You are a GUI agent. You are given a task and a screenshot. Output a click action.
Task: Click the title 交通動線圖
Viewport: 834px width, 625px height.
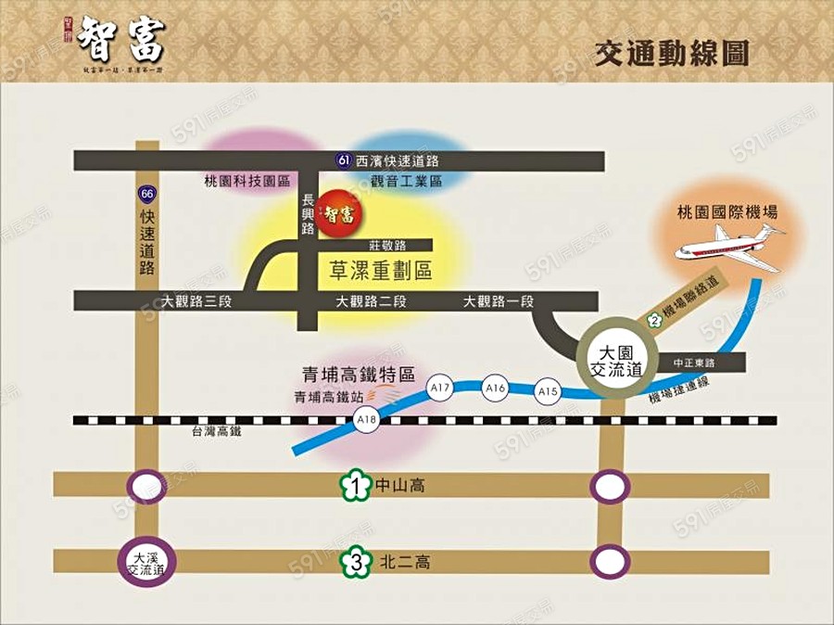(x=672, y=52)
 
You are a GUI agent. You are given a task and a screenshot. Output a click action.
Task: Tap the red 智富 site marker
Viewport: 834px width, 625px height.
(x=339, y=214)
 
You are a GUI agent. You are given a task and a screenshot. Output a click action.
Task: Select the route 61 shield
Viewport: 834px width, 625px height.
(x=344, y=161)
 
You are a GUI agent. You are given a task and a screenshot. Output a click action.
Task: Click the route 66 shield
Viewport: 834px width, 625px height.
(x=146, y=194)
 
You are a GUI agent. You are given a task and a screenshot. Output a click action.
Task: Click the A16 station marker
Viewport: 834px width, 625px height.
(x=495, y=389)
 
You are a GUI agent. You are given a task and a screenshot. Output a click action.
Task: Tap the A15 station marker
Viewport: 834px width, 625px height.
(x=548, y=392)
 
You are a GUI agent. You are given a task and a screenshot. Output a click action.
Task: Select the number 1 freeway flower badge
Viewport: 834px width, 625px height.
(x=354, y=484)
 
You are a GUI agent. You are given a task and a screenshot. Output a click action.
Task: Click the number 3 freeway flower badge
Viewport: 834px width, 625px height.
(x=354, y=562)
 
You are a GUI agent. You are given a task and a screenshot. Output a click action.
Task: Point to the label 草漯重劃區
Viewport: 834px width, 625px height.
(x=381, y=270)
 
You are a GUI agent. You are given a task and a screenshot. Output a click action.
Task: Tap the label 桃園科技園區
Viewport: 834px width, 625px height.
(x=246, y=181)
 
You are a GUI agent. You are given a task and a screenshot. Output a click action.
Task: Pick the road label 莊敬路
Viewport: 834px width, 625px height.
(x=387, y=246)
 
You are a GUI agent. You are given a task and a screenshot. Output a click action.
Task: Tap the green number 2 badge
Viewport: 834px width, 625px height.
(x=654, y=320)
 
